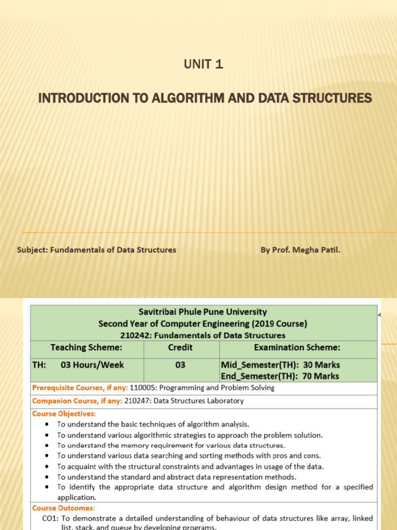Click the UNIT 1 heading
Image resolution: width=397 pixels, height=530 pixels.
click(x=204, y=65)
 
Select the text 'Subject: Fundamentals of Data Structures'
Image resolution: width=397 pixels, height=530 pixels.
click(x=97, y=250)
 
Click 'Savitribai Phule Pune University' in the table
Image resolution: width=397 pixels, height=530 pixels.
click(x=203, y=312)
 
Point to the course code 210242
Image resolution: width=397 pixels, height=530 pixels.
click(x=137, y=335)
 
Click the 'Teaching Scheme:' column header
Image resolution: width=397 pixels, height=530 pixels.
click(x=86, y=347)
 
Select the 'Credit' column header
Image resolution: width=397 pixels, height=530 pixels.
click(x=180, y=347)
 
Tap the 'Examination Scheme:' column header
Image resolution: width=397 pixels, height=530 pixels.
click(x=297, y=347)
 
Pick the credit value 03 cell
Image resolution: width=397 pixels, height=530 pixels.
click(x=180, y=365)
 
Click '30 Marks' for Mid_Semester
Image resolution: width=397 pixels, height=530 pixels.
click(x=321, y=365)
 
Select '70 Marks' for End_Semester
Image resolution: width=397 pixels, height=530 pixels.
click(x=321, y=376)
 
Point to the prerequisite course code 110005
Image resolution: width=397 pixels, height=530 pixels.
click(x=143, y=388)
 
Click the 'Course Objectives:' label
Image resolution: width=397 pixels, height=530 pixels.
click(x=64, y=414)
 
